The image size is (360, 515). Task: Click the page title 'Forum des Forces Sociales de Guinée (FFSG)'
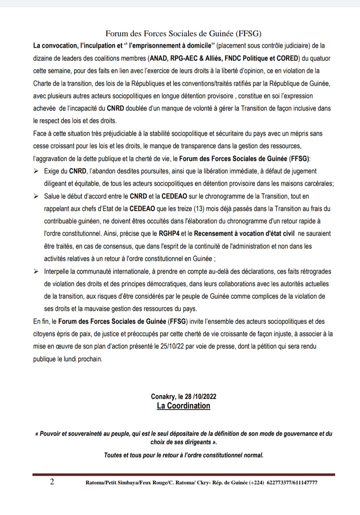pos(183,34)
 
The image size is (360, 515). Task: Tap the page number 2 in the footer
pos(52,482)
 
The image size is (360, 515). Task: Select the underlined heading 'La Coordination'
pos(183,406)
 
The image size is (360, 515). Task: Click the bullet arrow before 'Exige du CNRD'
pos(36,171)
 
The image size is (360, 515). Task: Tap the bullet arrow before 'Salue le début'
pos(36,196)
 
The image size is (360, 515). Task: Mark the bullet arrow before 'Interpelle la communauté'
pos(36,272)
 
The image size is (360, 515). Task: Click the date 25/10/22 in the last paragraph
pos(172,347)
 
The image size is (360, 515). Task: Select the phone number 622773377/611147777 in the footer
pos(292,483)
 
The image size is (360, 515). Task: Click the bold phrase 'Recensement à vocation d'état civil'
pos(244,234)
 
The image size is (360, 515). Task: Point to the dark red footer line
pos(183,474)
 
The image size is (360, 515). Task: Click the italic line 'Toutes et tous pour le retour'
pos(183,455)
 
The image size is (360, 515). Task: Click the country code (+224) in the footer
pos(256,483)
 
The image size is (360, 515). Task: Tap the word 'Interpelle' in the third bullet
pos(57,272)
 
